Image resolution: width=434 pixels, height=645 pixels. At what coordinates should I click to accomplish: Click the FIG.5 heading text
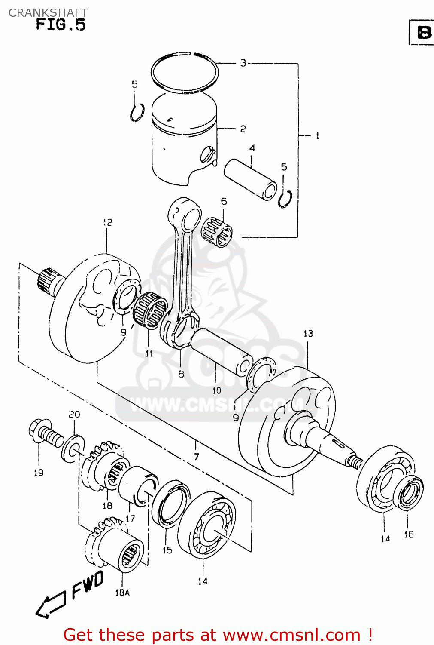click(x=61, y=25)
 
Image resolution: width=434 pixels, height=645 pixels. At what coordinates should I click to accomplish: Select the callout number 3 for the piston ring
click(x=243, y=63)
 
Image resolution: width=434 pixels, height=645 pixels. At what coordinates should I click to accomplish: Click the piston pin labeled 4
click(x=250, y=179)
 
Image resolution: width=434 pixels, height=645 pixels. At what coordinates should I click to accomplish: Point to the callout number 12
click(x=107, y=222)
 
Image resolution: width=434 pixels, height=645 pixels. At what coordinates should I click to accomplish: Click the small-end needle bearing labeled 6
click(x=217, y=233)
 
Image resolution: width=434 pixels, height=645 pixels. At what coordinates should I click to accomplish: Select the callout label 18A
click(x=122, y=593)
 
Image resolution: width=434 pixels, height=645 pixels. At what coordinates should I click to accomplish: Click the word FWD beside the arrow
click(x=88, y=584)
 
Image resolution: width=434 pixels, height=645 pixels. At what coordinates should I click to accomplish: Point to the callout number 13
click(x=308, y=334)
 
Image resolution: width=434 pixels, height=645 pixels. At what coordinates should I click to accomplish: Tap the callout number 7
click(x=196, y=457)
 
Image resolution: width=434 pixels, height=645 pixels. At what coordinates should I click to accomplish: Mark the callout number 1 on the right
click(x=317, y=136)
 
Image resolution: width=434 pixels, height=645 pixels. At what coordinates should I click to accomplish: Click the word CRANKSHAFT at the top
click(x=48, y=12)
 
